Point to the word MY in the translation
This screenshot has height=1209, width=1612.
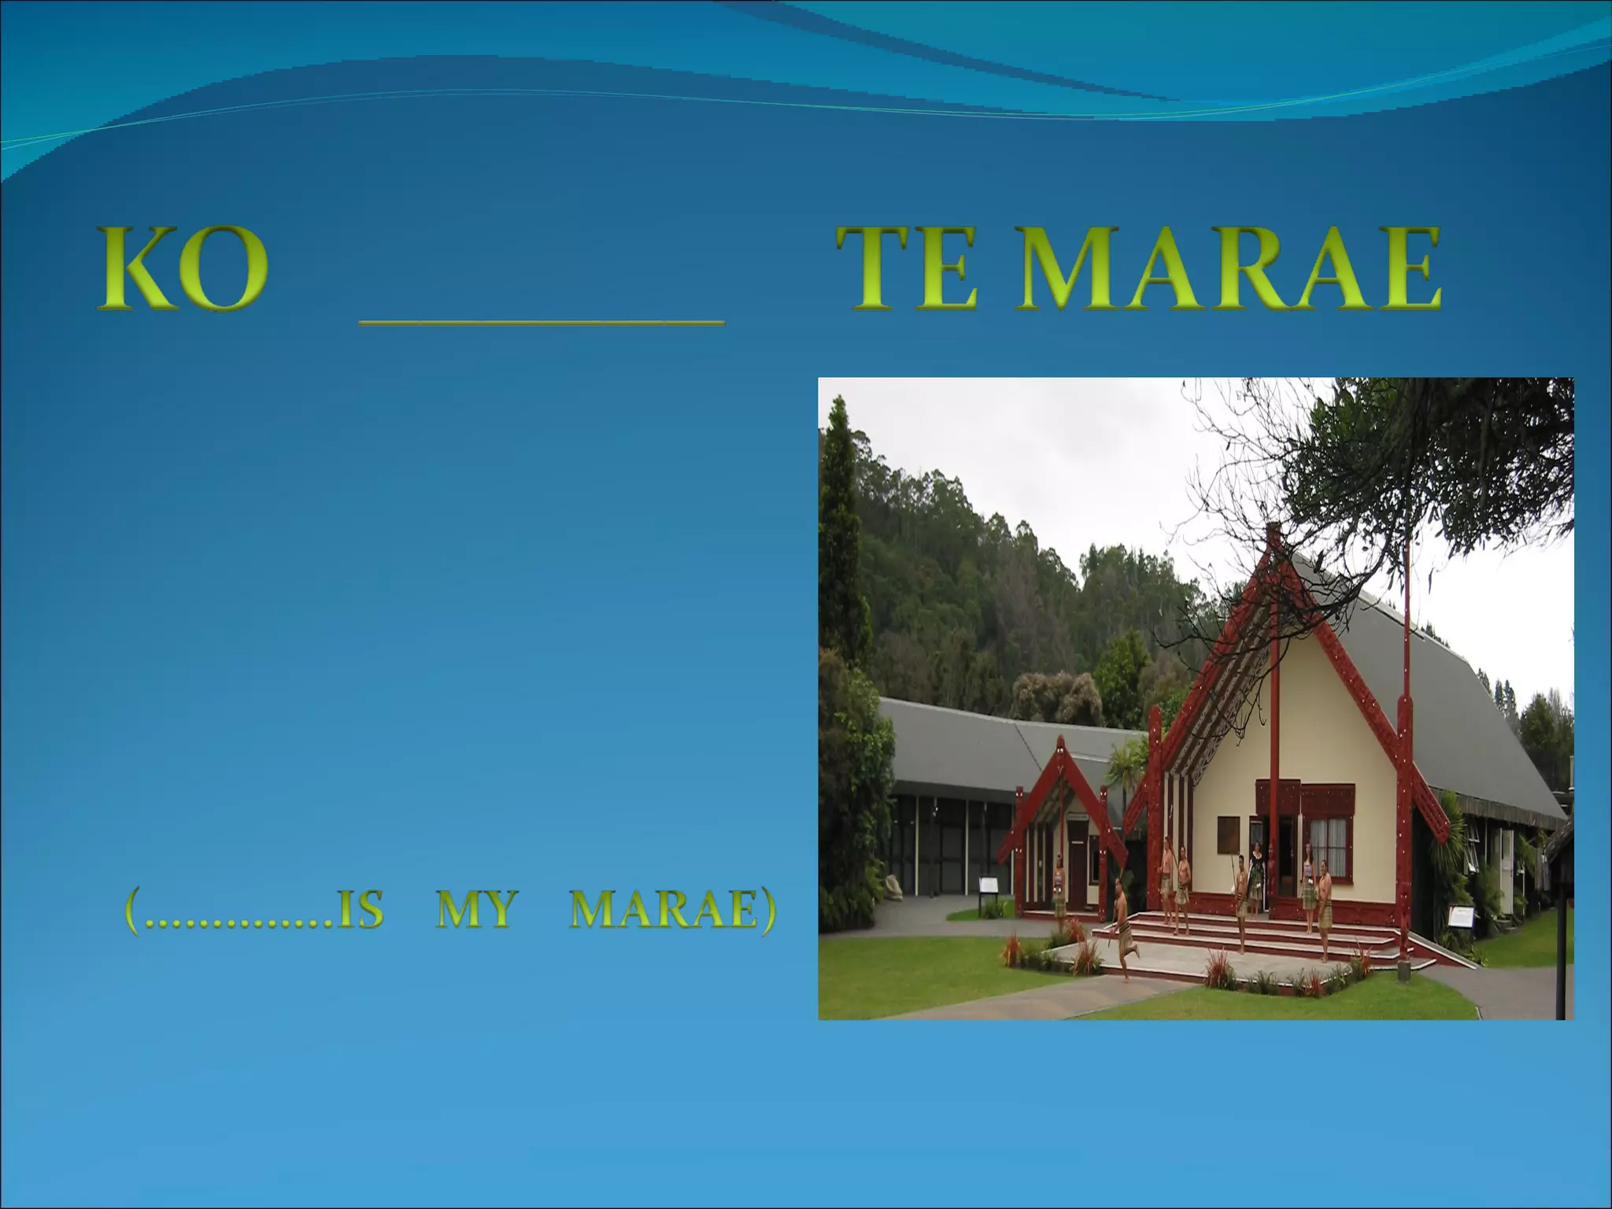[475, 911]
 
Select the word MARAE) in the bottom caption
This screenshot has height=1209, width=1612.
[673, 911]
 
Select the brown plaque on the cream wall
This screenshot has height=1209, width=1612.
[1229, 835]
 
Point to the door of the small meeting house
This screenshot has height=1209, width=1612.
[1077, 866]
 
